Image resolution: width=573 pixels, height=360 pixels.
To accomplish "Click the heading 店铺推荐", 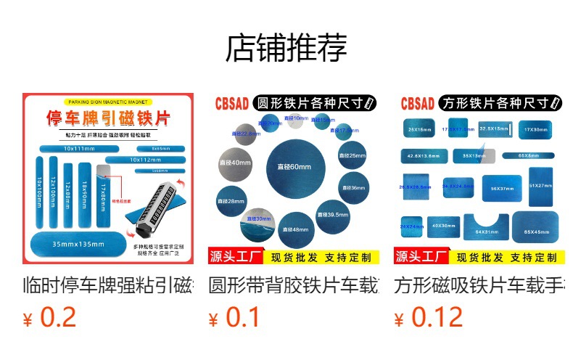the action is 286,48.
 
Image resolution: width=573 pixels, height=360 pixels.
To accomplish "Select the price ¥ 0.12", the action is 428,317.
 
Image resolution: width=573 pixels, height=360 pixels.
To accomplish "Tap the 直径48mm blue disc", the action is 295,228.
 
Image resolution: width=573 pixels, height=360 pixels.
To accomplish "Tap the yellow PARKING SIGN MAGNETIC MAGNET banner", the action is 107,102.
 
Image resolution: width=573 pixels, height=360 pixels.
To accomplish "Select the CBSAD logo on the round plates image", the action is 230,105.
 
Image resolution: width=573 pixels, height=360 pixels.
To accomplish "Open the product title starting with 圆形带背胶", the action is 294,284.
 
